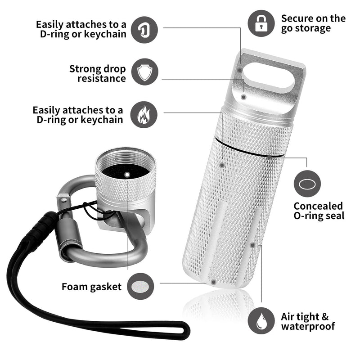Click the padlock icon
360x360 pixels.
click(261, 23)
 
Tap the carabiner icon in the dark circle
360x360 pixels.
click(144, 30)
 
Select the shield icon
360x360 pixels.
click(144, 72)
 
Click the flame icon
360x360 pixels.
click(144, 115)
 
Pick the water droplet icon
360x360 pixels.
click(261, 321)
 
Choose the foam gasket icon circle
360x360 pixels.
click(140, 286)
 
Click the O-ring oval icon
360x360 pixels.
click(307, 184)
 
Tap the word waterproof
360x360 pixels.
click(308, 326)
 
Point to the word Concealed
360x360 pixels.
click(318, 206)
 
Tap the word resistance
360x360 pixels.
click(102, 78)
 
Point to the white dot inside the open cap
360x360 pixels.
click(127, 175)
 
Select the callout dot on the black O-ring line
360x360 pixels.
click(269, 157)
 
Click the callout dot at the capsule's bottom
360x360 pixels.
click(213, 282)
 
